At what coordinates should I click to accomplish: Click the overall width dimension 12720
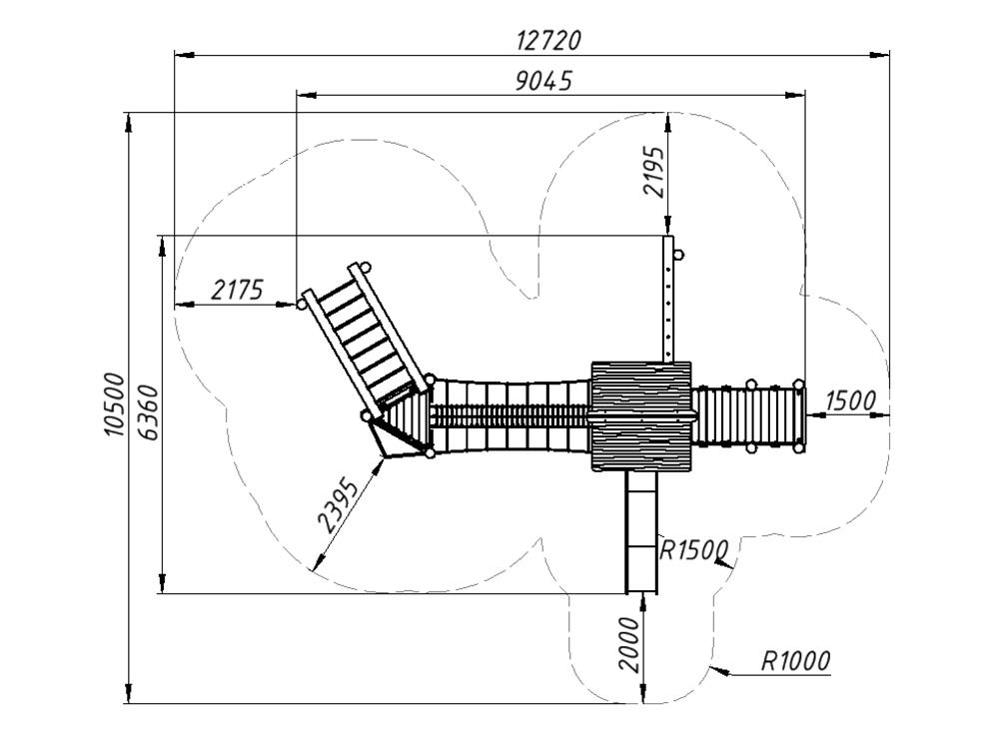(548, 40)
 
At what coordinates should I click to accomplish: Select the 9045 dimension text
(544, 81)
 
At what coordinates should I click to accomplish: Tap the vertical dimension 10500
(115, 405)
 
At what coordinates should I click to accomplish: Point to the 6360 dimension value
(148, 412)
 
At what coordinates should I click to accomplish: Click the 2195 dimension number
(653, 172)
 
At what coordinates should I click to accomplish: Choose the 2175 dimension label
(237, 291)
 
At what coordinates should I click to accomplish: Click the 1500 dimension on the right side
(850, 400)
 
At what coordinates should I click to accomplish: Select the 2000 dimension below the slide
(629, 644)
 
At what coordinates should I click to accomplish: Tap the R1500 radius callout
(694, 549)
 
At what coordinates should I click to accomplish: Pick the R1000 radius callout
(796, 661)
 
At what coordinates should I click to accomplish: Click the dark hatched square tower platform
(641, 416)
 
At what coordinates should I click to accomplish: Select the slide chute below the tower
(641, 532)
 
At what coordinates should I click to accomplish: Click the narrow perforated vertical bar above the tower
(667, 299)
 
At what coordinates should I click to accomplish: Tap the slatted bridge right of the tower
(748, 416)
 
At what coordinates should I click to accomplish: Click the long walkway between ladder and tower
(509, 416)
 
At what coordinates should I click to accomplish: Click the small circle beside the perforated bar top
(678, 256)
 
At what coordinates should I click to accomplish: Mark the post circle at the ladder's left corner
(302, 305)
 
